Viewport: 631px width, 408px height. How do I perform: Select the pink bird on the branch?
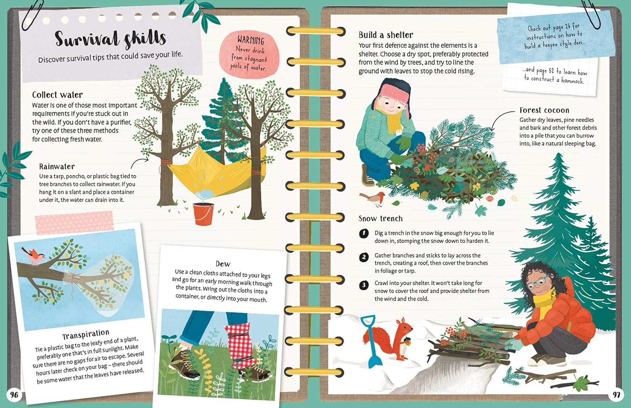[33, 256]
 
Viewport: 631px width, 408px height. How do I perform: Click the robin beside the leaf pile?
[373, 198]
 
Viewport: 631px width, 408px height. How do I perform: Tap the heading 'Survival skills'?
[110, 39]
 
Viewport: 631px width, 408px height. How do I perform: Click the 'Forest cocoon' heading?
[544, 110]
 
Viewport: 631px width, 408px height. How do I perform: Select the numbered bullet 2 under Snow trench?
[364, 257]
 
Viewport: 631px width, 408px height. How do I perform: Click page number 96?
[14, 395]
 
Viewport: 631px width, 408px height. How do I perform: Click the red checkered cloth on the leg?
[241, 345]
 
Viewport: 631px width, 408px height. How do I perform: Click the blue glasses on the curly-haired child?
[537, 283]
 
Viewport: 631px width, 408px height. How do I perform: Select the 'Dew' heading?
[223, 264]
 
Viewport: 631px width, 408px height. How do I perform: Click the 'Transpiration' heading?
[86, 334]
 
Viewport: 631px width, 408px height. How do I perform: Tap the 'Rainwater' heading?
[57, 167]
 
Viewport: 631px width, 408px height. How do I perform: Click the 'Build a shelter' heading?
[386, 35]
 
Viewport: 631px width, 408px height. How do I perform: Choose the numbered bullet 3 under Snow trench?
[364, 285]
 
